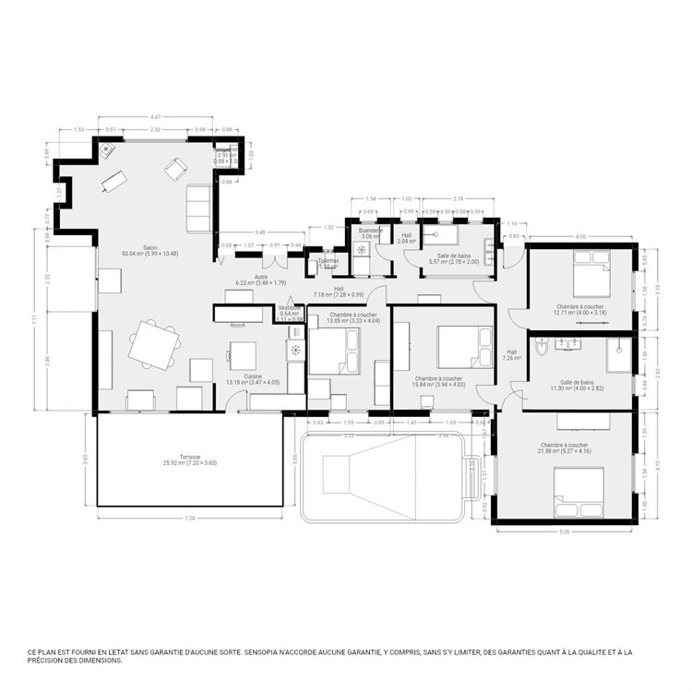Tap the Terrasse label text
(x=190, y=459)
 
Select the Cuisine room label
(x=252, y=378)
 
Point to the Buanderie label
(x=370, y=233)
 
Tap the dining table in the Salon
(x=153, y=344)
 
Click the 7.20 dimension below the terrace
(x=190, y=519)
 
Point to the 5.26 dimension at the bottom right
(x=565, y=532)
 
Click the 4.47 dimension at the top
(x=156, y=117)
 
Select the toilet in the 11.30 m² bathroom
(x=542, y=346)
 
